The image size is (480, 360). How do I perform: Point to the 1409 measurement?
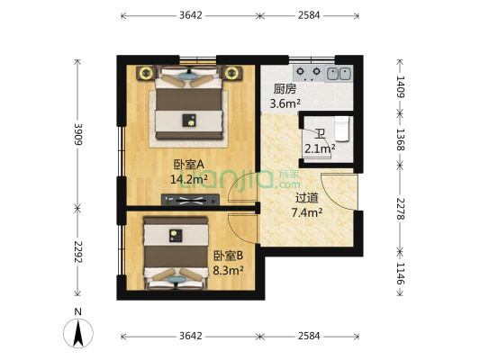[402, 85]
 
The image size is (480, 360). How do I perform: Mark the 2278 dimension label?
[402, 211]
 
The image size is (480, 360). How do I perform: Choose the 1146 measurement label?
[402, 273]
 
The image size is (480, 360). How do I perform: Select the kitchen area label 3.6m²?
[284, 103]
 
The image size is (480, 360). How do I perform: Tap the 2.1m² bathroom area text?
[320, 148]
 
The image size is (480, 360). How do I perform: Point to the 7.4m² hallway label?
[307, 212]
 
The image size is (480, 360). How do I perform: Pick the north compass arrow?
[79, 334]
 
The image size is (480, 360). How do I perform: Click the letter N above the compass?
[79, 313]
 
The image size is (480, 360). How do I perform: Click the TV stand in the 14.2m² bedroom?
[189, 200]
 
